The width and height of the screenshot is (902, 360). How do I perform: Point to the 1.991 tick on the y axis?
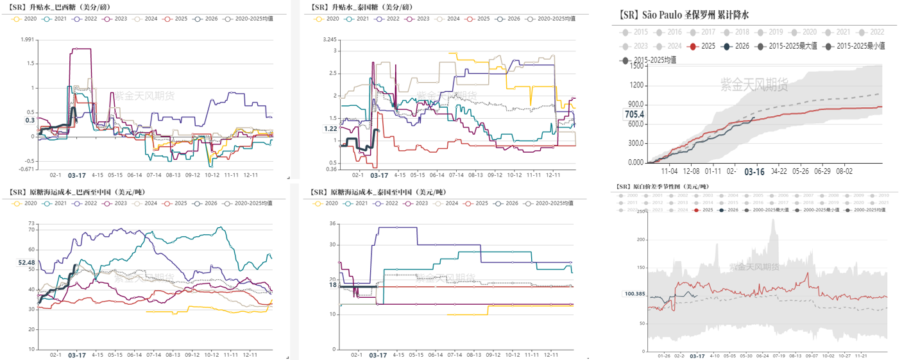tap(27, 40)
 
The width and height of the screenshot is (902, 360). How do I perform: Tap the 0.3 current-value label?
tap(30, 120)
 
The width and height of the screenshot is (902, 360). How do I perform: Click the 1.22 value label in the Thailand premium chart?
tap(330, 129)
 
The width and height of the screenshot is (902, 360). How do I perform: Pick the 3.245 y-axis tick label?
tap(330, 40)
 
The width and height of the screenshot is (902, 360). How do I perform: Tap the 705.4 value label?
tap(634, 114)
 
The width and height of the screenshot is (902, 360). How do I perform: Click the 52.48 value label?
tap(26, 262)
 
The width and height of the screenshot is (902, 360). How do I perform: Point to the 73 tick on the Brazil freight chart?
tap(30, 223)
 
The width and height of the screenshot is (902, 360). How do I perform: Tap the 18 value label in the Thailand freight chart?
tap(333, 285)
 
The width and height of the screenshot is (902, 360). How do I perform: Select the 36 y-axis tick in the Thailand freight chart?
tap(332, 223)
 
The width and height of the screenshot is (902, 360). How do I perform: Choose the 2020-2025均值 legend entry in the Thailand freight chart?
tap(544, 203)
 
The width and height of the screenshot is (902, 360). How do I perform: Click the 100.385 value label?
tap(634, 294)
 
